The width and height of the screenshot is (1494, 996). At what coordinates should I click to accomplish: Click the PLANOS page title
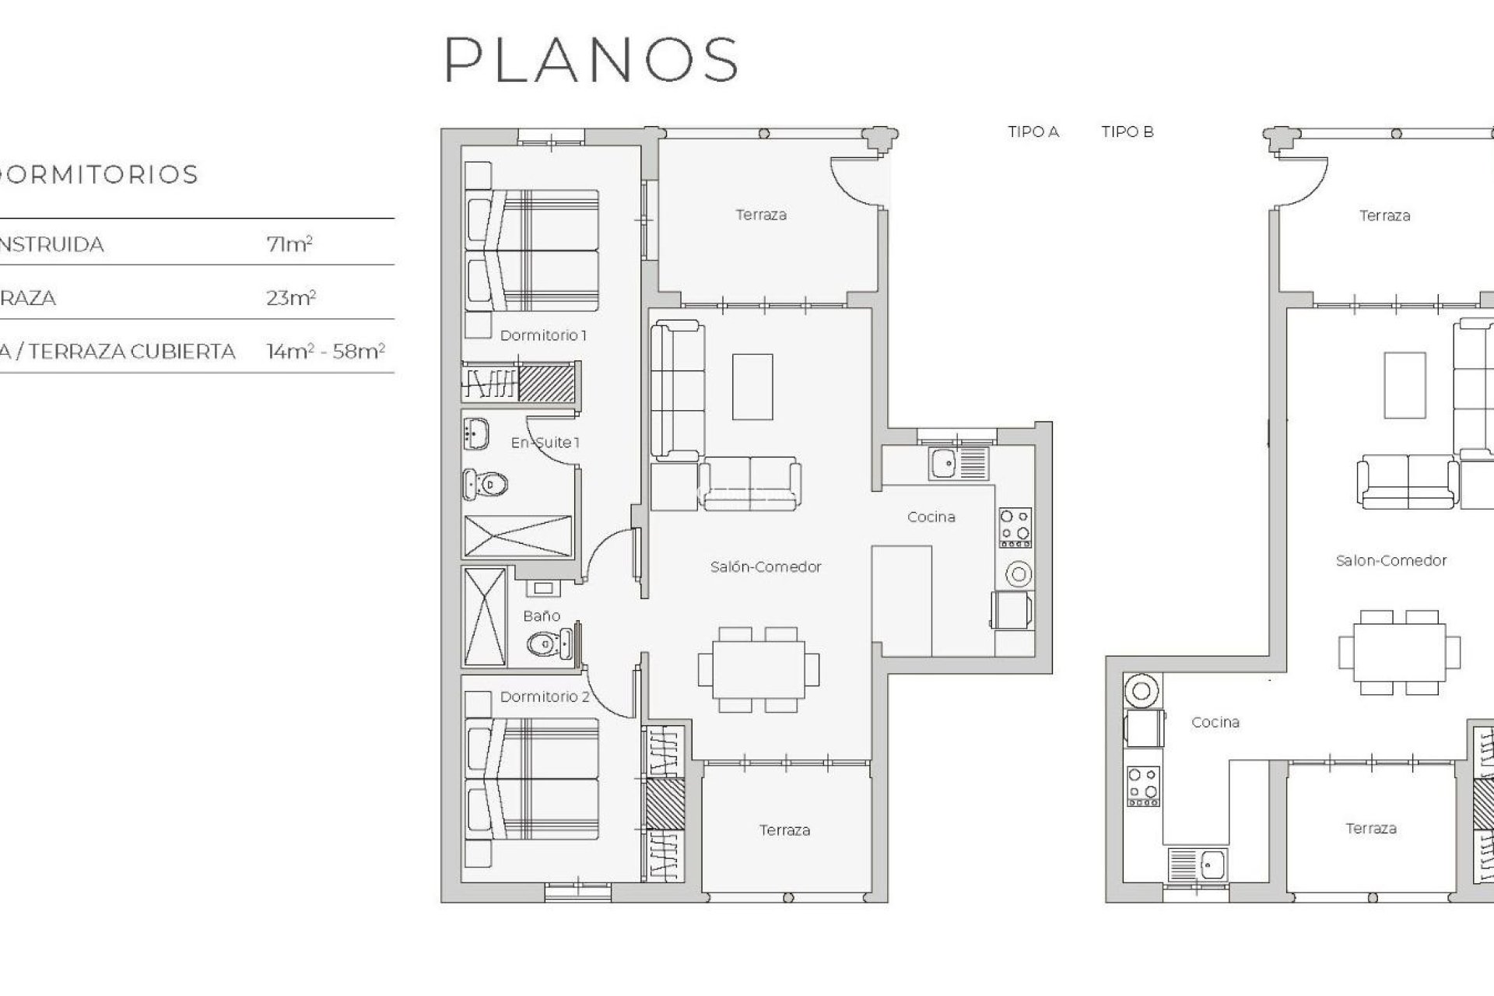pos(591,59)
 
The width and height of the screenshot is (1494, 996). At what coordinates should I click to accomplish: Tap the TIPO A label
pos(1033,132)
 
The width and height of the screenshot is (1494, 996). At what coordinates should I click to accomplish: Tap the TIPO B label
pos(1127,132)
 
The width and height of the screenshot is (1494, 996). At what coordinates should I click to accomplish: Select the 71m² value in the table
pos(289,244)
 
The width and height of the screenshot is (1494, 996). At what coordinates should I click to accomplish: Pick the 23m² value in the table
pos(290,298)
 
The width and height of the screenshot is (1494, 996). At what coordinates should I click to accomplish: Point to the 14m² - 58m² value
pos(325,352)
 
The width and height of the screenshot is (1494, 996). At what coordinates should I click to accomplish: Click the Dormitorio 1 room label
pos(543,335)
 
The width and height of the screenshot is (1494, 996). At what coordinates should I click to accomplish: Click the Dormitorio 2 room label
pos(545,696)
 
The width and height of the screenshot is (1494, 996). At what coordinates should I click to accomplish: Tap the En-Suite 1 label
pos(545,443)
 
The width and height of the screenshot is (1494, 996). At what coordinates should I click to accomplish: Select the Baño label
pos(541,615)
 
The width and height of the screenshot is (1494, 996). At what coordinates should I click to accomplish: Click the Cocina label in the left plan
pos(931,517)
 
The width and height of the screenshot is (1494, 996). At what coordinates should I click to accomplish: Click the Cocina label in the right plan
pos(1215,722)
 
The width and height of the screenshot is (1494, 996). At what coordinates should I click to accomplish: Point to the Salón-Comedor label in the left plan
pos(765,566)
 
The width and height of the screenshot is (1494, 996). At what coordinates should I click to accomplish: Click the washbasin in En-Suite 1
pos(475,433)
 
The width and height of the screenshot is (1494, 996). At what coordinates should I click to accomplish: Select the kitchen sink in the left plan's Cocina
pos(945,465)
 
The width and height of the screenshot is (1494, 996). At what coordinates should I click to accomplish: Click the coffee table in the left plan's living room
pos(752,386)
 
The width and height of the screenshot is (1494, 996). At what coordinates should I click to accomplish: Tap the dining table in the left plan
pos(758,669)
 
